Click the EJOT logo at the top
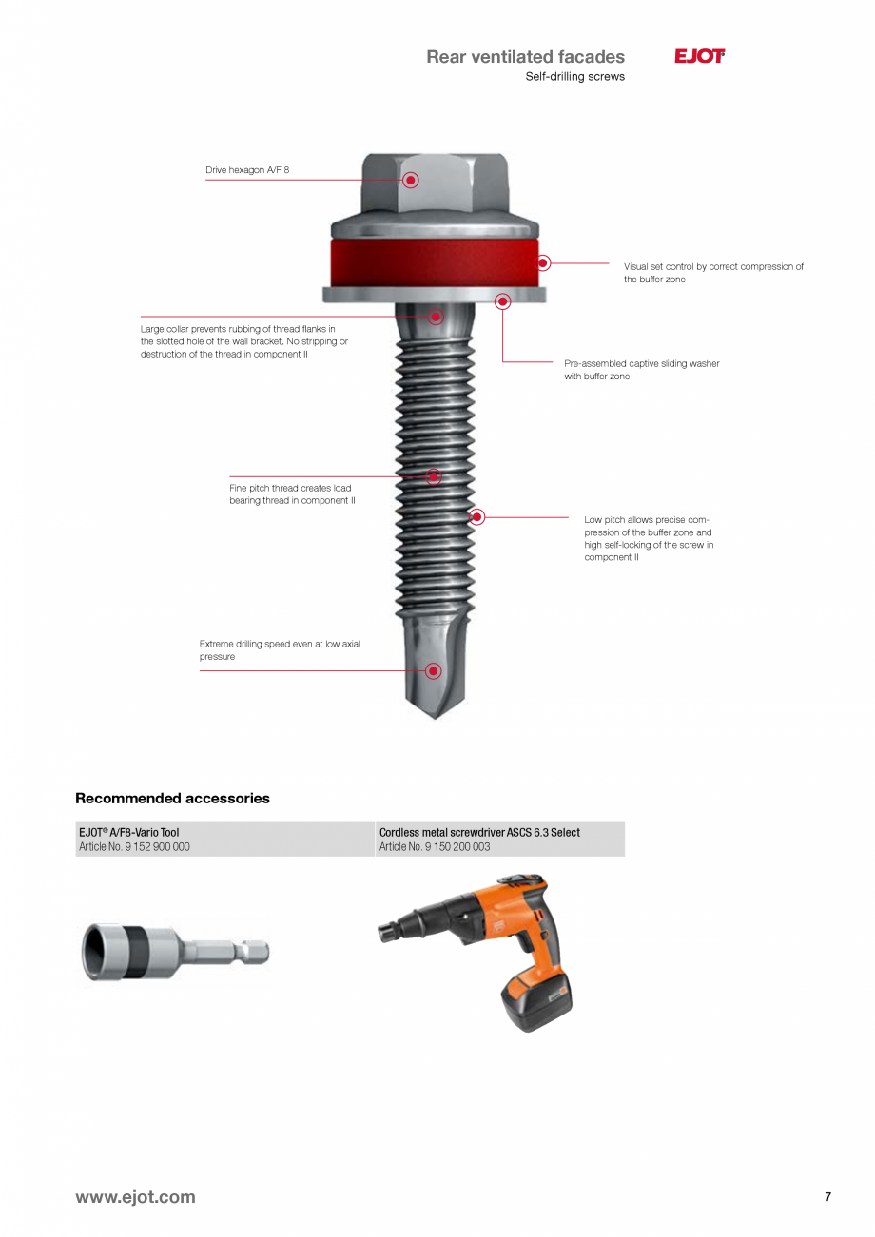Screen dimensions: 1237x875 coord(699,57)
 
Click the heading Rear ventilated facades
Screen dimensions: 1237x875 coord(525,57)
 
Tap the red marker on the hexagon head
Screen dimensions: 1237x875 coord(411,180)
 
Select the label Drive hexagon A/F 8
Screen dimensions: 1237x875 coord(247,170)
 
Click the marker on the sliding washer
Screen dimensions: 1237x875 coord(502,301)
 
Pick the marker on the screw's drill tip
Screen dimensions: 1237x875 coord(434,671)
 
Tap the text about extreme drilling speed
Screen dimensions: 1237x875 coord(280,650)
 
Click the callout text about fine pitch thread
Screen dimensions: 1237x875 coord(292,494)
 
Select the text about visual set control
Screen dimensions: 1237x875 coord(713,273)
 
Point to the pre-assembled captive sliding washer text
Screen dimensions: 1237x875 coord(641,370)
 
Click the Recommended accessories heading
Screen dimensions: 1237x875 coord(172,799)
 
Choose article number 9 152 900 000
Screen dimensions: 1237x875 coord(134,847)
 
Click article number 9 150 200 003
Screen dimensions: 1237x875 coord(435,847)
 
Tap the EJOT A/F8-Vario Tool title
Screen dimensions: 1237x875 coord(128,832)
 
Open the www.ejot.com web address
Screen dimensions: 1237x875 coord(135,1197)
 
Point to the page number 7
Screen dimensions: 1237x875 coord(827,1197)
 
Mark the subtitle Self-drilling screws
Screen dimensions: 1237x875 coord(574,77)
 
